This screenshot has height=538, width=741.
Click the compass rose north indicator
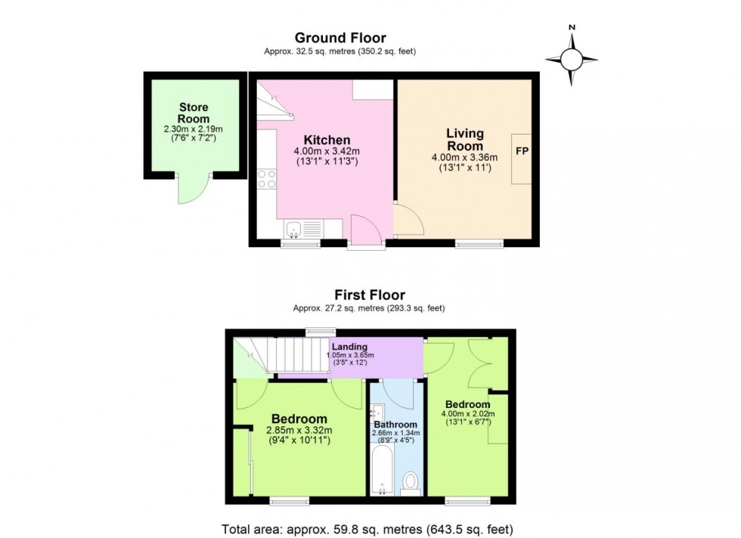point(572,57)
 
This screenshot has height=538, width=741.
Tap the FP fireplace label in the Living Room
point(522,151)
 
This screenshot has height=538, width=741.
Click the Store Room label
point(193,113)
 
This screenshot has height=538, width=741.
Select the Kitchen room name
point(327,141)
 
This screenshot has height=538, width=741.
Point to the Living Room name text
point(464,140)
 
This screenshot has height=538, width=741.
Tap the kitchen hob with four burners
point(267,178)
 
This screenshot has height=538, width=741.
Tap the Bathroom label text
point(395,425)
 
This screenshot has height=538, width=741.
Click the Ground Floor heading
point(339,38)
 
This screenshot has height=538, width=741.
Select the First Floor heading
point(370,295)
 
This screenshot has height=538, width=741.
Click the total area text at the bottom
point(370,528)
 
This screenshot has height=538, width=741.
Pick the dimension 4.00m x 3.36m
point(464,157)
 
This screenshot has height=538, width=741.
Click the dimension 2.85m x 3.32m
point(299,431)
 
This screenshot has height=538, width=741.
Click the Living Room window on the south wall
point(479,243)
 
